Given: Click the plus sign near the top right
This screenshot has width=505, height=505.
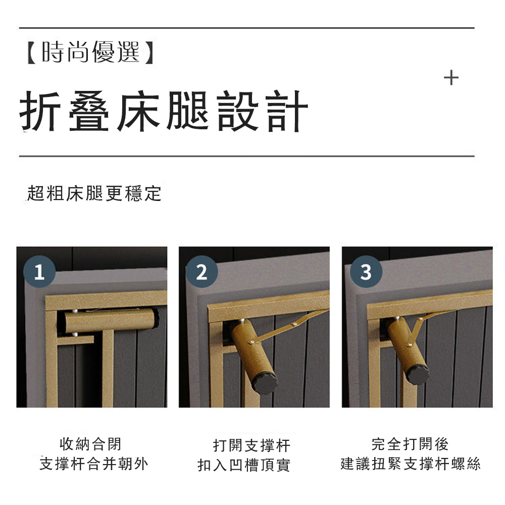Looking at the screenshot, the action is [x=451, y=78].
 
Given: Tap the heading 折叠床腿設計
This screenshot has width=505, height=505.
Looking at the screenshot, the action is [x=164, y=111].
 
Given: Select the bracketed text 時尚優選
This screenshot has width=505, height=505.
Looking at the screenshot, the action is [x=91, y=52].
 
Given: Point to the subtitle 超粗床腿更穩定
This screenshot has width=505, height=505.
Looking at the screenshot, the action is [x=94, y=193].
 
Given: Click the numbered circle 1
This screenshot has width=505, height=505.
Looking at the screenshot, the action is [x=39, y=272].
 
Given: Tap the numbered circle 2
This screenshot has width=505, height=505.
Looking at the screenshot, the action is [x=202, y=272].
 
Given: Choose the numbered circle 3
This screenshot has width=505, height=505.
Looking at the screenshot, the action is [x=366, y=272].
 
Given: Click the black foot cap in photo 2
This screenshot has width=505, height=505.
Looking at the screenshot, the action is [x=265, y=383].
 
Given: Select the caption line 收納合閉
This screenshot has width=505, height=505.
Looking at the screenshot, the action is [x=90, y=444].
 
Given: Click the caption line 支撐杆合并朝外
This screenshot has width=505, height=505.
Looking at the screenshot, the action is [x=94, y=464].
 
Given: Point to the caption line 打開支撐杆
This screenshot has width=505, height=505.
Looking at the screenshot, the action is [x=251, y=445].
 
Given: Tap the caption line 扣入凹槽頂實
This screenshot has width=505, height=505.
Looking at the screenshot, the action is [x=244, y=465].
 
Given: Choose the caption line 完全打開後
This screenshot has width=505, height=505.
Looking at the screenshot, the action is [x=410, y=444].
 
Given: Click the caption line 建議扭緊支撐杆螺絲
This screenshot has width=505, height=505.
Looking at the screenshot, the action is [x=410, y=464].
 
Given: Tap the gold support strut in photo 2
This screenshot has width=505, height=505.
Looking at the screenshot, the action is [x=288, y=325].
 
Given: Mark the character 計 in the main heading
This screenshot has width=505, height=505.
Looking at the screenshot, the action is [x=288, y=111].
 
